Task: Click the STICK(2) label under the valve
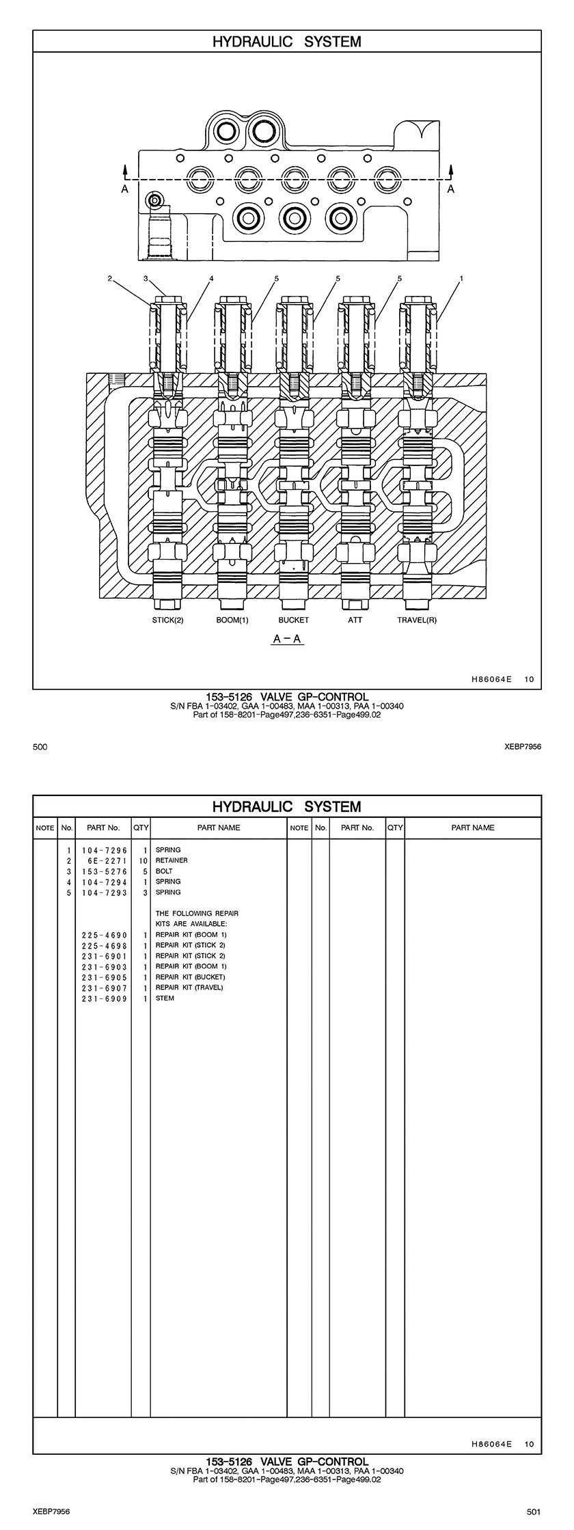click(x=167, y=620)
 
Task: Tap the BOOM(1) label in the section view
click(x=232, y=620)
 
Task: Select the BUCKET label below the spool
click(x=293, y=620)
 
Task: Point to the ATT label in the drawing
click(x=355, y=620)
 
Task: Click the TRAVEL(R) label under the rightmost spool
click(x=417, y=620)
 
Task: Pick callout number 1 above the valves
click(x=462, y=279)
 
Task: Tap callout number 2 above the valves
click(x=109, y=279)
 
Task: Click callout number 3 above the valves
click(x=146, y=279)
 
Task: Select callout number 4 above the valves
click(x=212, y=279)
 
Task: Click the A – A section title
click(x=288, y=640)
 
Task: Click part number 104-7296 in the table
click(x=104, y=850)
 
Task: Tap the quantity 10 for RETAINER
click(x=143, y=861)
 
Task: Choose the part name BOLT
click(x=164, y=871)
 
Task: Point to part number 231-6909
click(x=104, y=998)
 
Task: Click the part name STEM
click(x=165, y=998)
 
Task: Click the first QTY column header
click(x=141, y=828)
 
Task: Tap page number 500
click(x=40, y=748)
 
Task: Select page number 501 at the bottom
click(x=534, y=1512)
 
